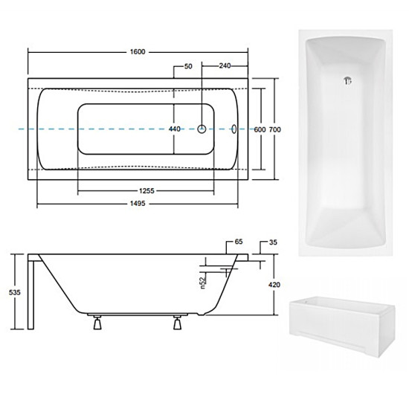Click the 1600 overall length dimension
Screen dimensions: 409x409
(x=138, y=52)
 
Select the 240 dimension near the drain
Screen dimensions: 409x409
(x=225, y=65)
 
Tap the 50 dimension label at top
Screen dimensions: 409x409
(x=188, y=66)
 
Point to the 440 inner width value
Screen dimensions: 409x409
(x=175, y=129)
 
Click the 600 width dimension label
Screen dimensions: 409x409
(x=260, y=129)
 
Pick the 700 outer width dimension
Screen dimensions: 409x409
(x=275, y=129)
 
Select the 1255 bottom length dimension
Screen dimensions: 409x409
(x=146, y=191)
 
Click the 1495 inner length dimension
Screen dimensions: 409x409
(x=138, y=204)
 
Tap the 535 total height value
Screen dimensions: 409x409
(x=15, y=292)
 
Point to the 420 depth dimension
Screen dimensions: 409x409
(x=274, y=285)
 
